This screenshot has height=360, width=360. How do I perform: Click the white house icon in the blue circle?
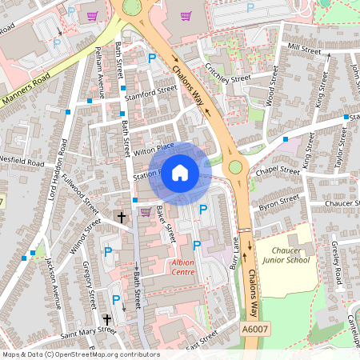(x=180, y=173)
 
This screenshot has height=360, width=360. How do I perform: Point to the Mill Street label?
(x=304, y=49)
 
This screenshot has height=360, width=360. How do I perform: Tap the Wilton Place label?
(x=154, y=147)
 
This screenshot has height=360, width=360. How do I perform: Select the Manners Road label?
(x=26, y=89)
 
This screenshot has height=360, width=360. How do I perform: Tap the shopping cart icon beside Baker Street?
(x=146, y=212)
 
